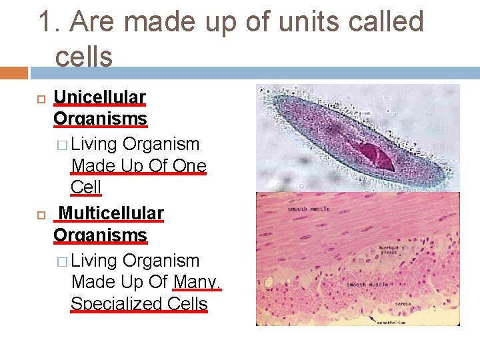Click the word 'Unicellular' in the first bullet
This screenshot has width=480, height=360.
[99, 97]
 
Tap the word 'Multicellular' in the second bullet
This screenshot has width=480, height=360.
[111, 213]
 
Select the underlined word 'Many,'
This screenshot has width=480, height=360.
[197, 282]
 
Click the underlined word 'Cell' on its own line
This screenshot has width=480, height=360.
[85, 187]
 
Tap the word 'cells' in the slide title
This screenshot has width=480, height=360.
[84, 57]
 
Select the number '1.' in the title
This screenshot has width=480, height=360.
[49, 22]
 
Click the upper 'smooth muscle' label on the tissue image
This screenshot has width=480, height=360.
[309, 209]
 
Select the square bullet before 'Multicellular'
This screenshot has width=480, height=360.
[39, 214]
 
